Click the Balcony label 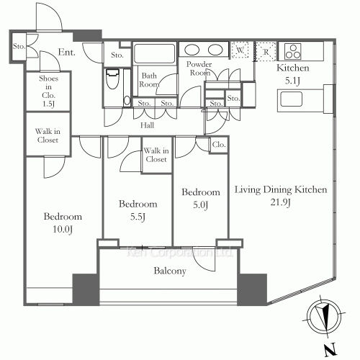pyautogui.click(x=169, y=271)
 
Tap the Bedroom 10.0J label pyautogui.click(x=62, y=222)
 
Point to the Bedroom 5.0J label pyautogui.click(x=200, y=199)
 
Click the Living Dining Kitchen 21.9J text pyautogui.click(x=282, y=197)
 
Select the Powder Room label pyautogui.click(x=199, y=68)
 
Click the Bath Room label pyautogui.click(x=150, y=80)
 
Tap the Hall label pyautogui.click(x=148, y=123)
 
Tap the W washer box pyautogui.click(x=240, y=51)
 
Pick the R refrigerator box pyautogui.click(x=266, y=51)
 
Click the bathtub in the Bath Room pyautogui.click(x=155, y=54)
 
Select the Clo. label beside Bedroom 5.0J pyautogui.click(x=218, y=145)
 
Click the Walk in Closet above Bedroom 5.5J pyautogui.click(x=155, y=155)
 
